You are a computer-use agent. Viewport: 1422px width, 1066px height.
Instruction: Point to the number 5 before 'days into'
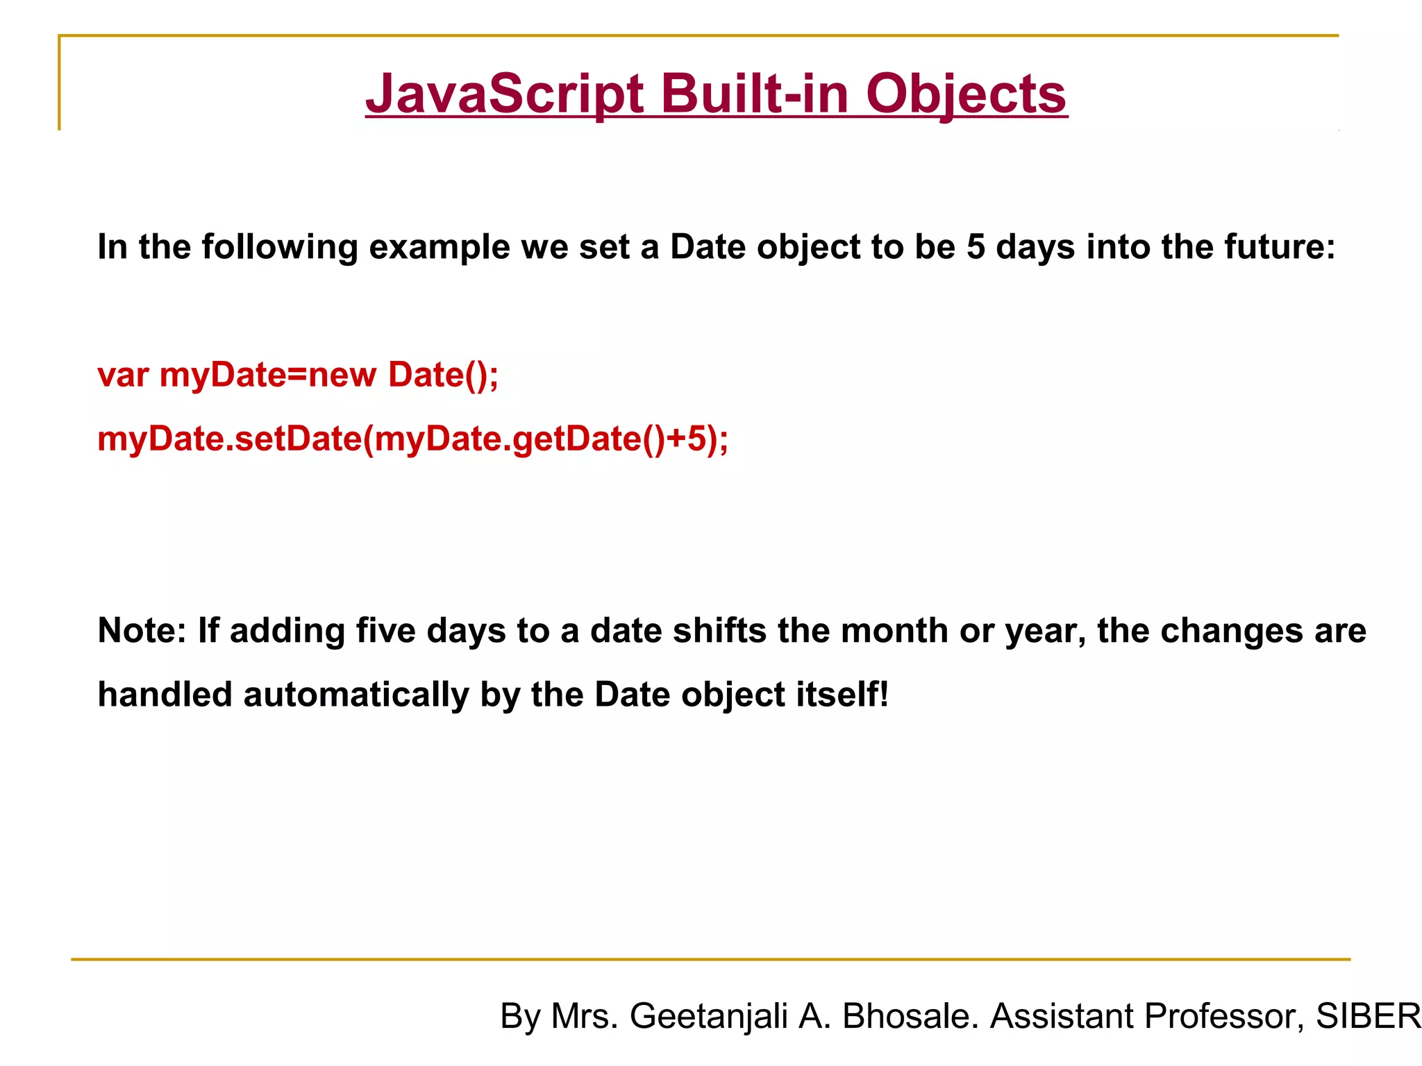[976, 247]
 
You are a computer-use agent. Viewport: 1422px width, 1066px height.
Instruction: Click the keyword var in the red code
[123, 375]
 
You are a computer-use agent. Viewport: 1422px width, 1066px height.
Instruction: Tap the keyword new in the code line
[342, 375]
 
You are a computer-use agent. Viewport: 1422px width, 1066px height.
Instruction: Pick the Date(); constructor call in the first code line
[443, 375]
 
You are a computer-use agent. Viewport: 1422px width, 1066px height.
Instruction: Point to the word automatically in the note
[355, 695]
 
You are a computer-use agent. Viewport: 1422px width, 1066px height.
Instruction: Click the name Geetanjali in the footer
[709, 1017]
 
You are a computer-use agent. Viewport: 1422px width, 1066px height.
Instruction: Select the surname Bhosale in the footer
[910, 1017]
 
